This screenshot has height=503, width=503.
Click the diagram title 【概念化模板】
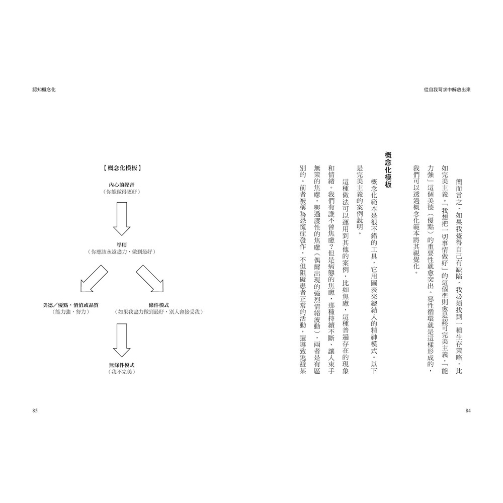pyautogui.click(x=121, y=168)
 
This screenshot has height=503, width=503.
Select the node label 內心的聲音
pyautogui.click(x=121, y=185)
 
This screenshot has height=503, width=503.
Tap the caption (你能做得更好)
pyautogui.click(x=121, y=192)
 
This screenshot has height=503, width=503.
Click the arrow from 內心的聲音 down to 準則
pyautogui.click(x=121, y=219)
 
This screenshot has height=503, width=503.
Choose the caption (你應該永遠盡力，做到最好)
pyautogui.click(x=121, y=251)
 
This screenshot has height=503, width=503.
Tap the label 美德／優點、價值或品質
pyautogui.click(x=71, y=305)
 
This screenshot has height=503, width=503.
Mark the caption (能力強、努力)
pyautogui.click(x=71, y=312)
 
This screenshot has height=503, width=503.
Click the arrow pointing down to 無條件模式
pyautogui.click(x=121, y=340)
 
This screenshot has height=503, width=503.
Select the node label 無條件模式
pyautogui.click(x=121, y=364)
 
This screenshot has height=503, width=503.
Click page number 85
pyautogui.click(x=35, y=411)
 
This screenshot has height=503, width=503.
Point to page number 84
pyautogui.click(x=467, y=411)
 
